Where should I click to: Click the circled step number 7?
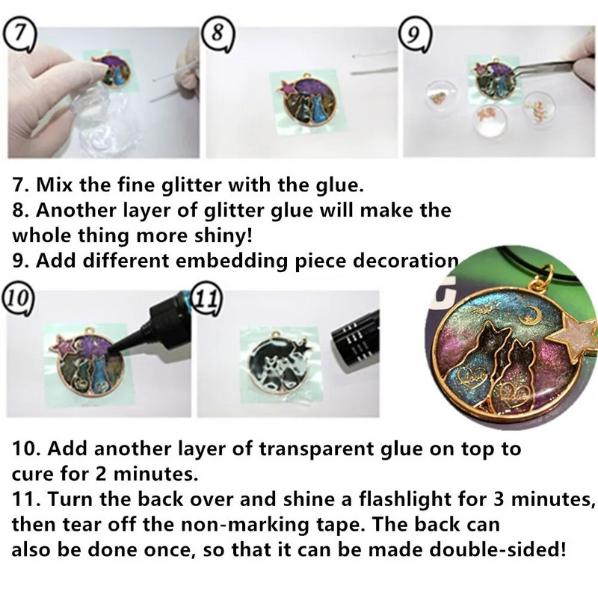click(19, 37)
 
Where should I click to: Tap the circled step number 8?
click(218, 34)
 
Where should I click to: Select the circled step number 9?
click(415, 35)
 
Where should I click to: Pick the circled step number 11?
click(209, 300)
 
